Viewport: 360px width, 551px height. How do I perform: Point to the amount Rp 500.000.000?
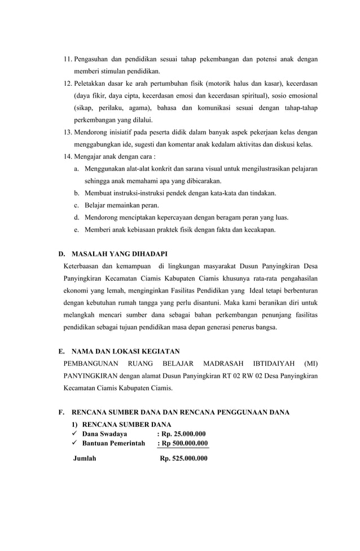(x=182, y=443)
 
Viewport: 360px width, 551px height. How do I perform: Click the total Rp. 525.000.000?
(x=183, y=458)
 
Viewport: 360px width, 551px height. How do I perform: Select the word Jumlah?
(x=85, y=458)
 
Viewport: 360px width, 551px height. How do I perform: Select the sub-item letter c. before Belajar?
(x=76, y=205)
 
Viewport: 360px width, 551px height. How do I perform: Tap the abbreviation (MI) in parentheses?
(x=310, y=363)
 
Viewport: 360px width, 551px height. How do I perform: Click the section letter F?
(x=61, y=413)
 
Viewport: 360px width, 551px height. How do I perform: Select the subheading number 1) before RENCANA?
(x=74, y=425)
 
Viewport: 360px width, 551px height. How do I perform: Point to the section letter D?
(x=62, y=253)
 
